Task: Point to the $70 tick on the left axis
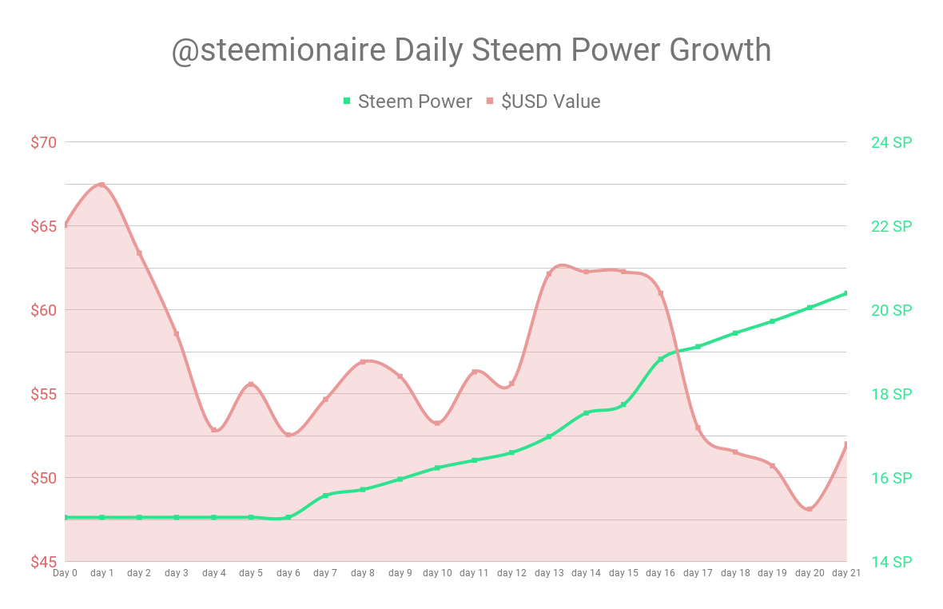(44, 142)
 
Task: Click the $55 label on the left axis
(44, 394)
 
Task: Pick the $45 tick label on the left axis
(44, 562)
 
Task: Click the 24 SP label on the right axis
(891, 142)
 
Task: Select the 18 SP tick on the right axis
(891, 394)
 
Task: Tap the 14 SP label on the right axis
(891, 562)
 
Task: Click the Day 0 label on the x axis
(65, 573)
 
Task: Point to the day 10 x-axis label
(437, 573)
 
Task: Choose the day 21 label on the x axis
(846, 573)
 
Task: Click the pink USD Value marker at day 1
(101, 185)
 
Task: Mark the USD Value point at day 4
(213, 430)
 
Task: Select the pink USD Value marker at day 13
(549, 274)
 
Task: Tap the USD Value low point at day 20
(810, 509)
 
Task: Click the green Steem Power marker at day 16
(661, 360)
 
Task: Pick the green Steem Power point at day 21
(846, 293)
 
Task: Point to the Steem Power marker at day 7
(325, 496)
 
